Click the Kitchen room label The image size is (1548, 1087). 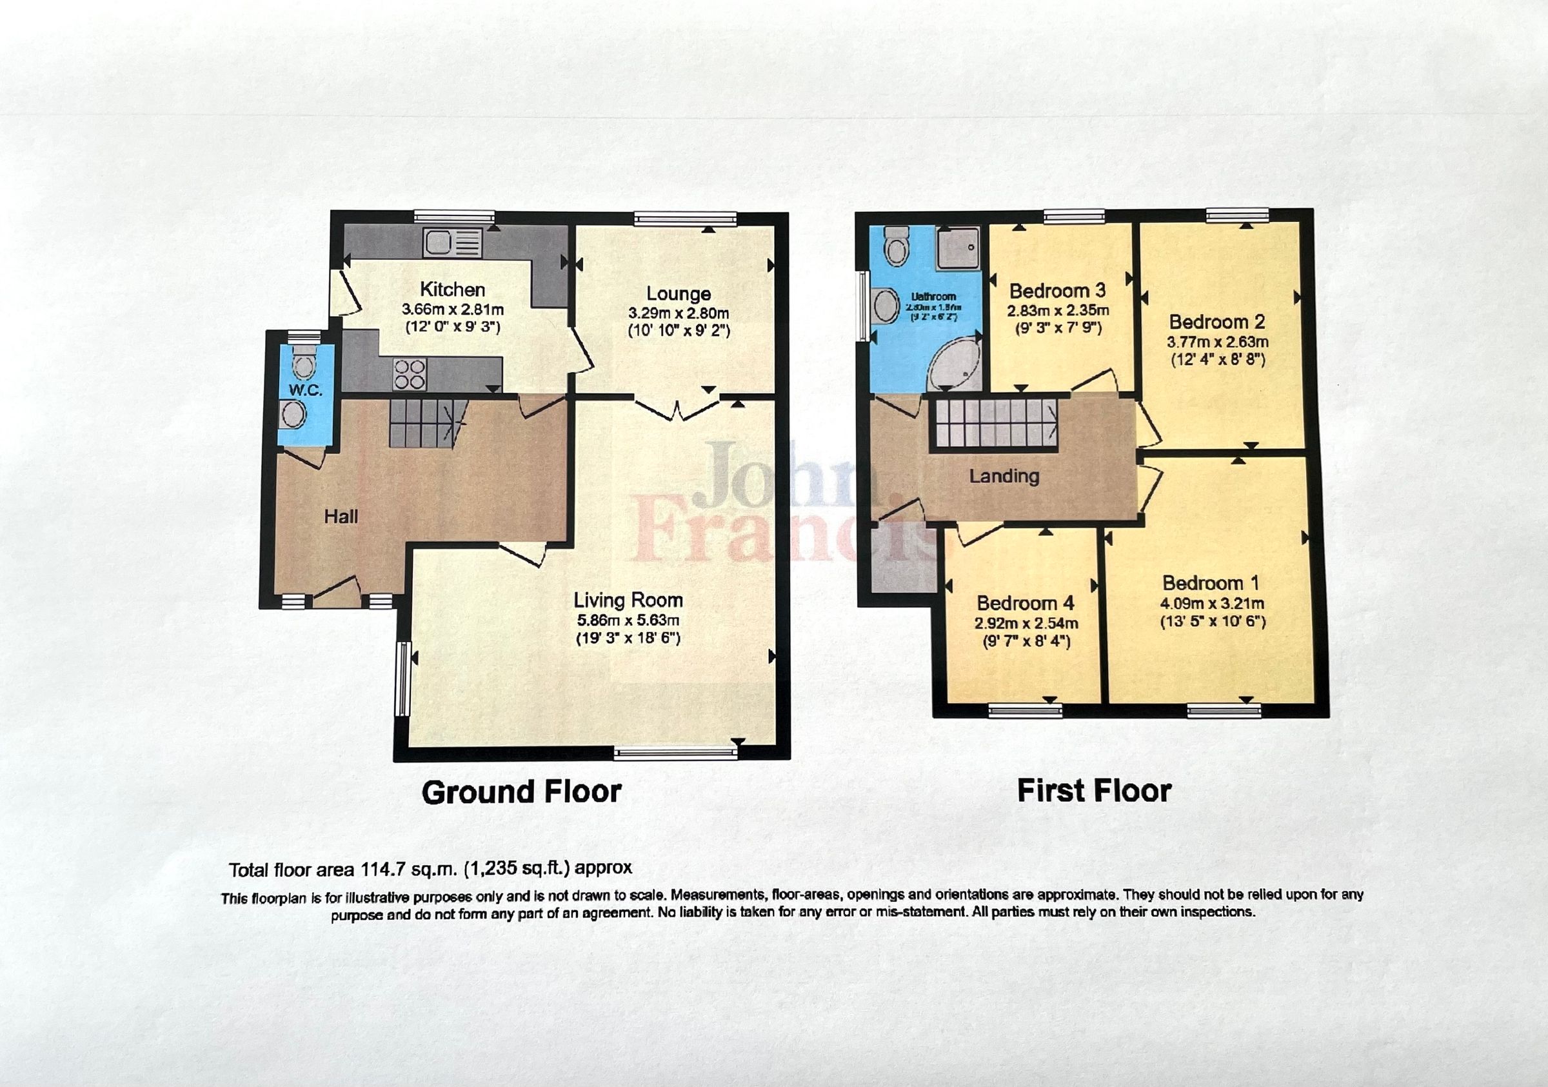tap(452, 289)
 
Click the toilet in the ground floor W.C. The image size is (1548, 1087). tap(304, 364)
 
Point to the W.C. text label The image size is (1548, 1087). tap(306, 390)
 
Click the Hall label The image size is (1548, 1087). tap(341, 517)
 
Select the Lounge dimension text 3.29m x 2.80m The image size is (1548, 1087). tap(679, 313)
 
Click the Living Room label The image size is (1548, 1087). tap(628, 599)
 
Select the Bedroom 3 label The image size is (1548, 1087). tap(1057, 291)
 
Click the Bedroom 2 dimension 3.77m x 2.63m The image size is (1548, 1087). tap(1217, 342)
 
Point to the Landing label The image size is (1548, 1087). tap(1004, 476)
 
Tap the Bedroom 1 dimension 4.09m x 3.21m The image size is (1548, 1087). tap(1211, 604)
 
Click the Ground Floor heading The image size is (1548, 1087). tap(521, 792)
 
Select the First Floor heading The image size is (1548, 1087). tap(1093, 791)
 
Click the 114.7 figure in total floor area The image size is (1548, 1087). tap(382, 869)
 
